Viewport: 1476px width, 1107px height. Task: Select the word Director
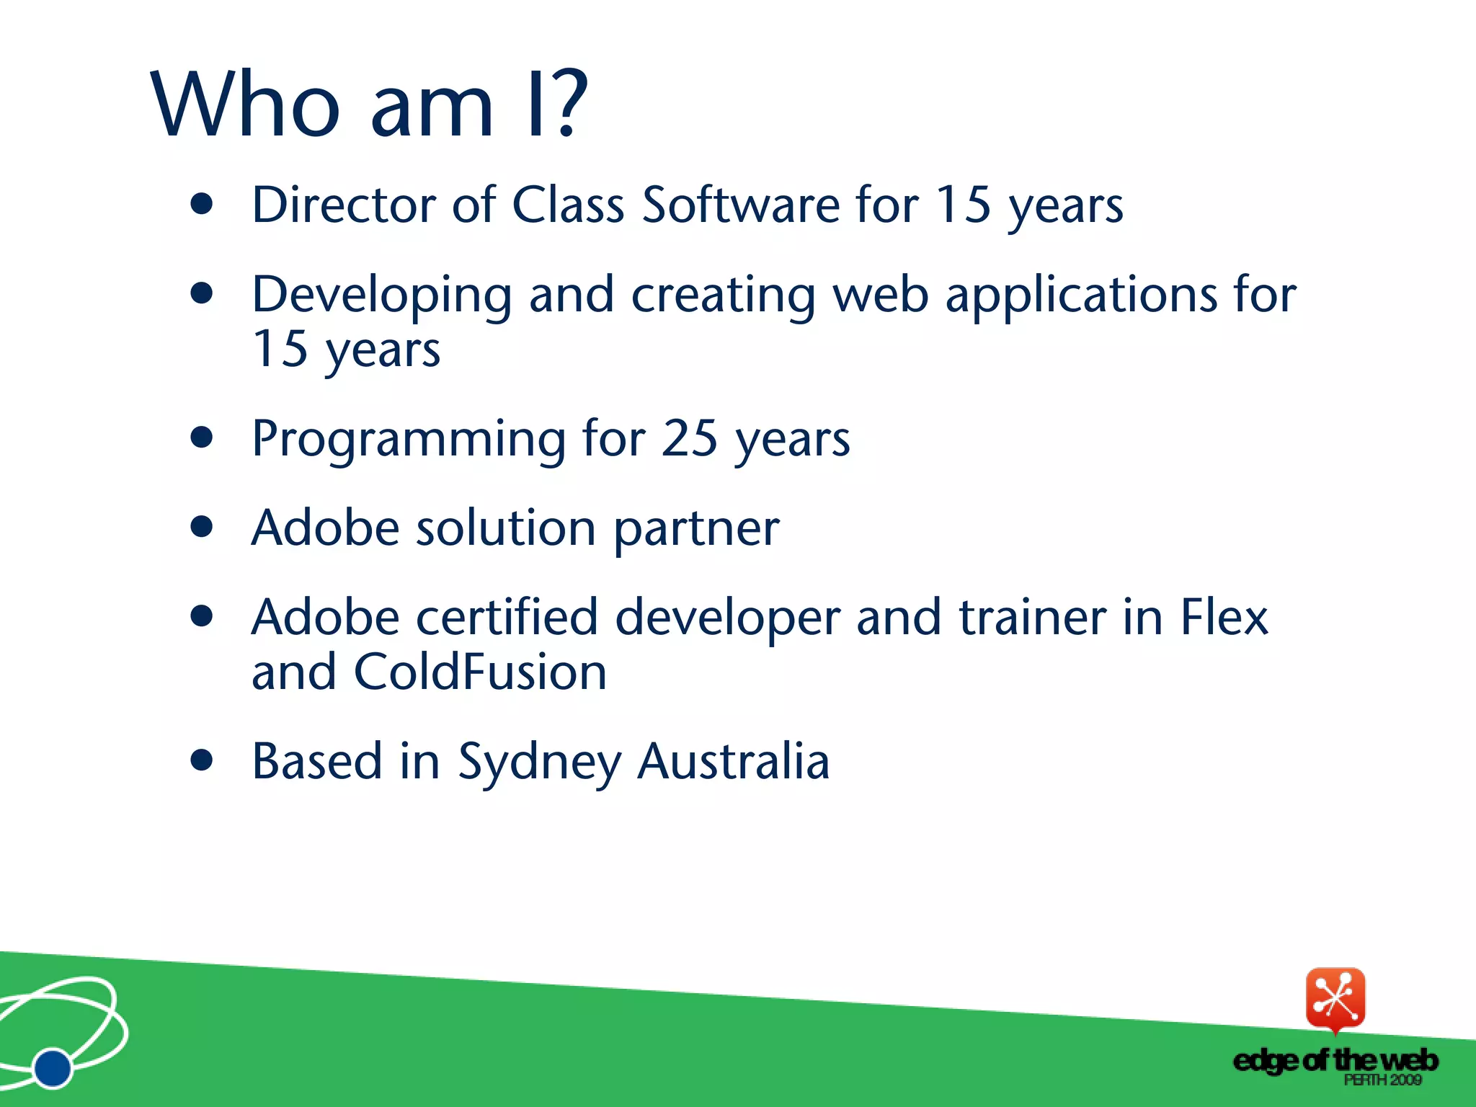343,205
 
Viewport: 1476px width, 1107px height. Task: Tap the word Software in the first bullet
740,205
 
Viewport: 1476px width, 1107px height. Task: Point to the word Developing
381,295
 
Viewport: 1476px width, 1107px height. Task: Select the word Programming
409,439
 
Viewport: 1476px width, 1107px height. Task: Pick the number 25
690,438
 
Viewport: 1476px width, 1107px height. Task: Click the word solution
506,528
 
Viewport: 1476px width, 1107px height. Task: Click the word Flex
1224,618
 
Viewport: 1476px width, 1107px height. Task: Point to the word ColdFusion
480,672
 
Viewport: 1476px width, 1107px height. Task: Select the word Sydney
539,763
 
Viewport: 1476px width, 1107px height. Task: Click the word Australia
734,761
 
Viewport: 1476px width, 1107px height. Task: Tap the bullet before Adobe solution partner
203,527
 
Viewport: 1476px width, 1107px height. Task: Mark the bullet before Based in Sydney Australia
203,760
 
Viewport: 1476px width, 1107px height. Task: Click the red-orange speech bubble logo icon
1335,999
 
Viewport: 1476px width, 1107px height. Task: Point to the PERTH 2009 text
1382,1080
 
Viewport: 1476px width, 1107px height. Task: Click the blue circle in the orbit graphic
53,1068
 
